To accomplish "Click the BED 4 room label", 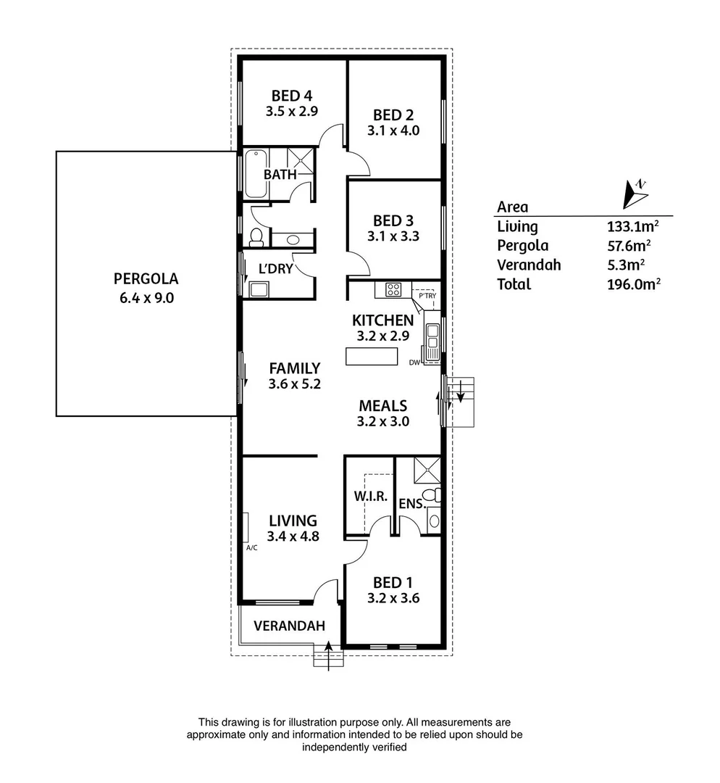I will coord(292,95).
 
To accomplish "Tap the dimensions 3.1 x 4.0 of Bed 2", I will coord(396,131).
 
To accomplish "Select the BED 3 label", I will coord(393,220).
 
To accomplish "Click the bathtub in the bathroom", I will coord(256,173).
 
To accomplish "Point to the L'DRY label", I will coord(276,268).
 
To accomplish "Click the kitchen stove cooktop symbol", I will coord(394,289).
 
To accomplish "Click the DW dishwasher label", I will coord(414,362).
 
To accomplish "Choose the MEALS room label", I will coord(384,406).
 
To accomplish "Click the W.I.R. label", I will coord(372,497).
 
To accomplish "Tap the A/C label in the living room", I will coord(252,548).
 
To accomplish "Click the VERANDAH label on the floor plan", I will coord(289,626).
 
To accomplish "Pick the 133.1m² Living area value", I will coord(632,226).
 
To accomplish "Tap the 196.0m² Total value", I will coord(632,284).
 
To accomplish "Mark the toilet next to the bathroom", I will coord(256,236).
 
